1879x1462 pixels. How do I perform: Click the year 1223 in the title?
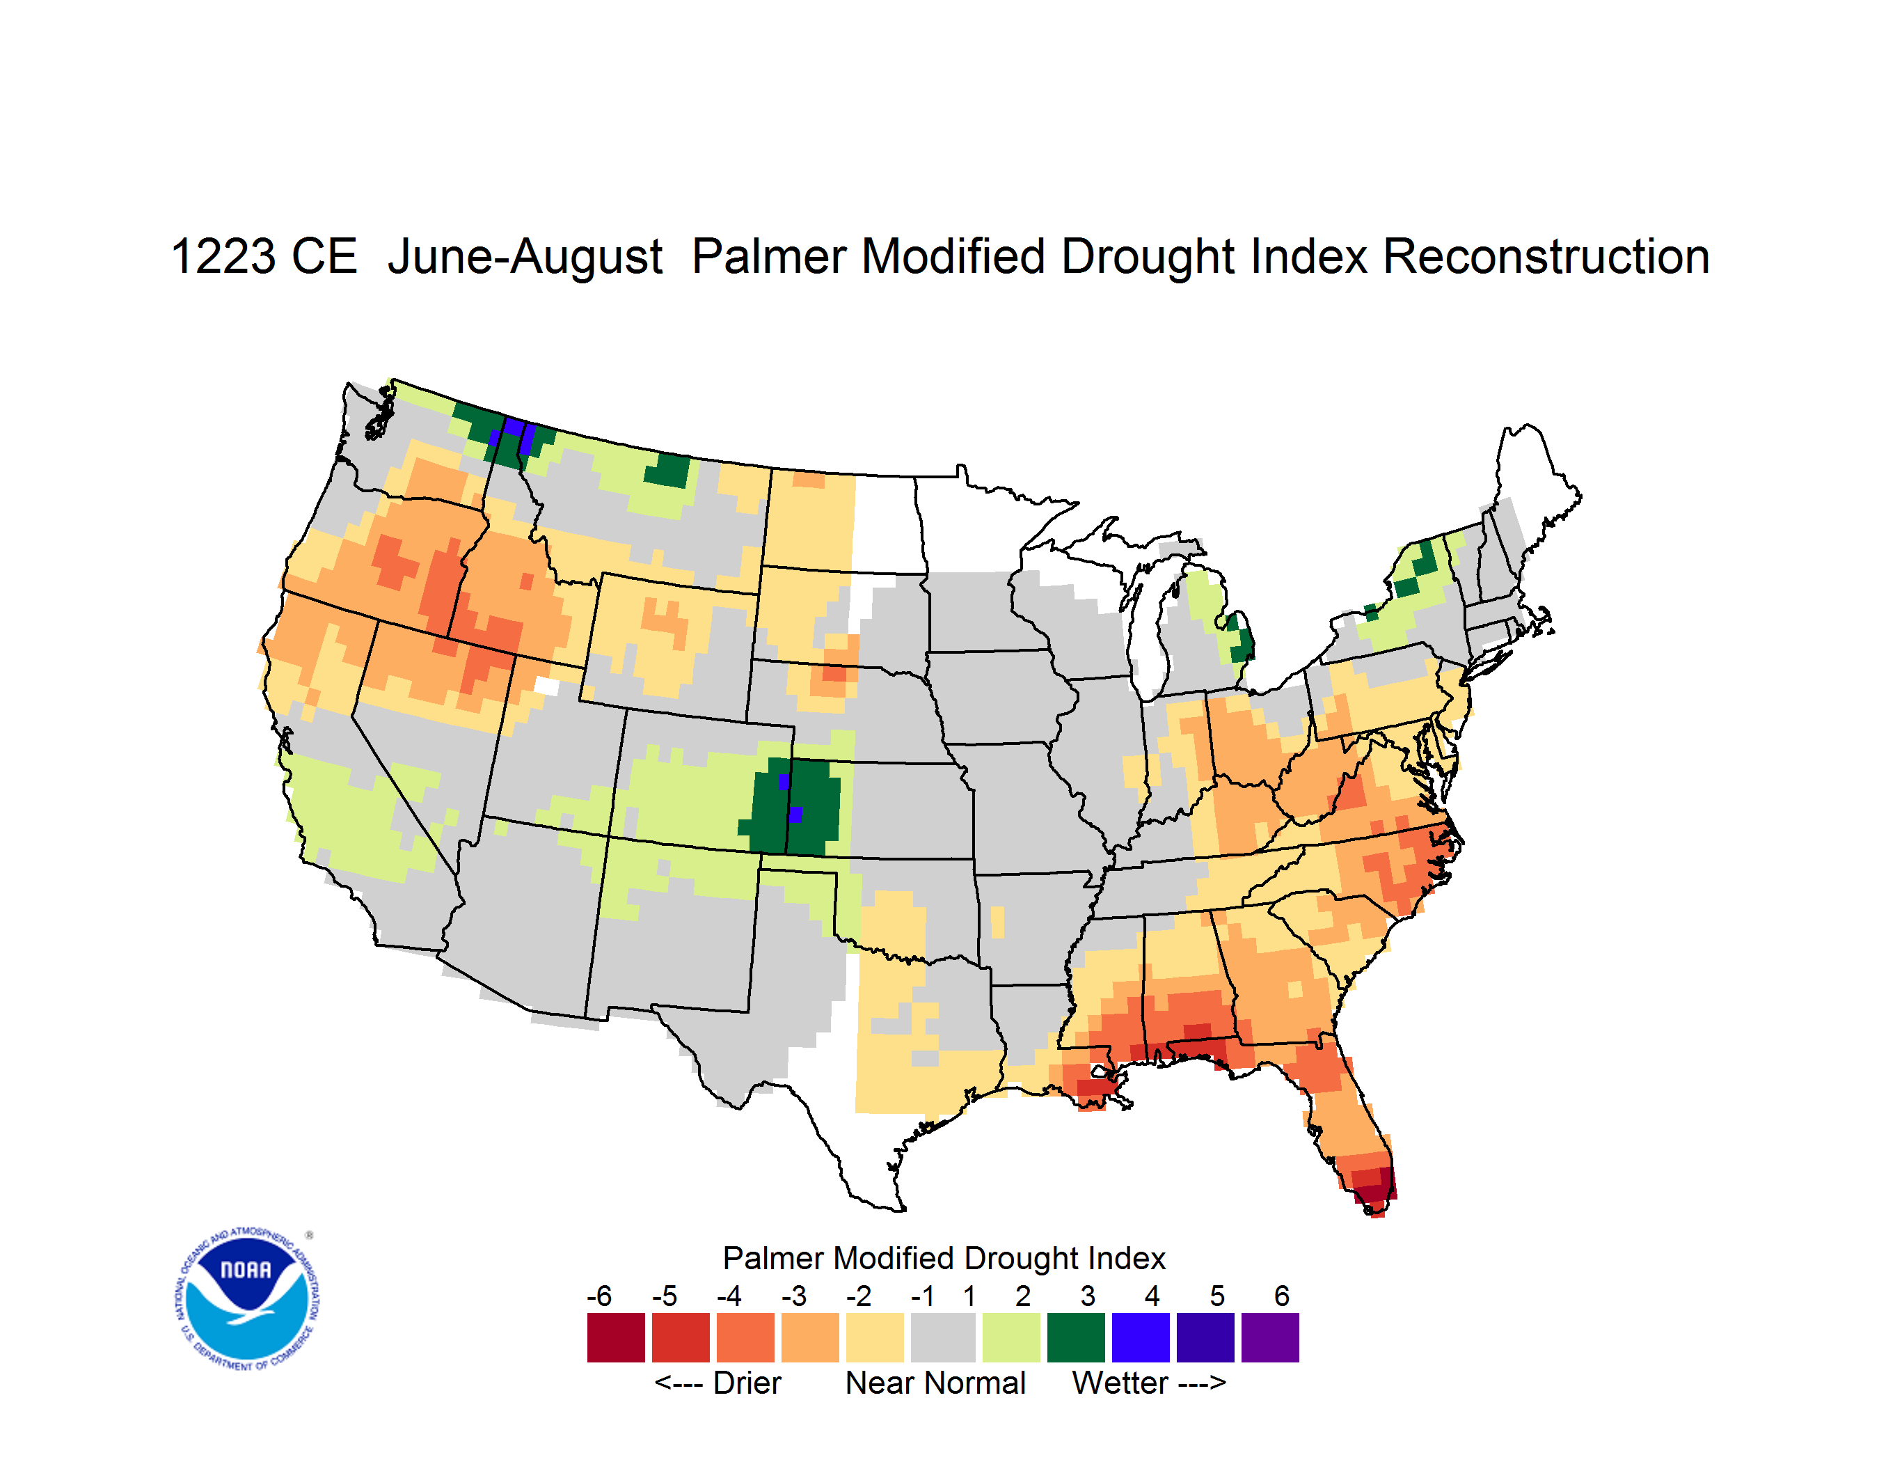[x=223, y=256]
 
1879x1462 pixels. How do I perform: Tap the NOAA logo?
[x=247, y=1298]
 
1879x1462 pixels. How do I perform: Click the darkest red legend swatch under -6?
[x=616, y=1337]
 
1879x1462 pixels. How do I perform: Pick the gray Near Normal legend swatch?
[x=943, y=1337]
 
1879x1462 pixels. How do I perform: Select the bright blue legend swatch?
[x=1141, y=1337]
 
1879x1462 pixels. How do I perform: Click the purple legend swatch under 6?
[x=1270, y=1337]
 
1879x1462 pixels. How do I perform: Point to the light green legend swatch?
[x=1012, y=1337]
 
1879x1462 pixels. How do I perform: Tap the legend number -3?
[x=794, y=1296]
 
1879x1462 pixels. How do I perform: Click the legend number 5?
[x=1217, y=1296]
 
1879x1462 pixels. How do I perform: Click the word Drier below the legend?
[x=747, y=1383]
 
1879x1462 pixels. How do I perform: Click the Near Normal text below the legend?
[x=936, y=1383]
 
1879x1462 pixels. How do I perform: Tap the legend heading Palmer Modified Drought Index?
[x=944, y=1258]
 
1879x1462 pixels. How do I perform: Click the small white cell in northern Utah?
[x=546, y=686]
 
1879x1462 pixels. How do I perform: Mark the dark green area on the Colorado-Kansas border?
[x=791, y=805]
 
